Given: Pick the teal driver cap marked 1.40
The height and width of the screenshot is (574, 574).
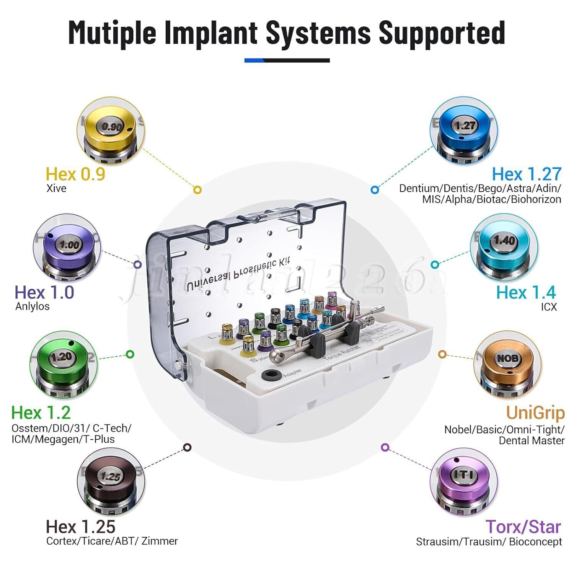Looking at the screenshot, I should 504,243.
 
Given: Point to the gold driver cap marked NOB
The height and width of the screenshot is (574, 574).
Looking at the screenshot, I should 508,360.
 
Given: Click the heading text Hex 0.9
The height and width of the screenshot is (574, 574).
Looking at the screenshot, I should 75,174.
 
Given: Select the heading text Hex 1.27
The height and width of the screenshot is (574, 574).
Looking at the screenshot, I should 526,174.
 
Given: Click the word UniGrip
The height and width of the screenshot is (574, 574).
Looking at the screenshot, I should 535,413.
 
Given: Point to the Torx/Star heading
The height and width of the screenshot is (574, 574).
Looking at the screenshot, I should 523,527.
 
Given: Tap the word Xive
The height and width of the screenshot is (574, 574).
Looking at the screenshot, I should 56,188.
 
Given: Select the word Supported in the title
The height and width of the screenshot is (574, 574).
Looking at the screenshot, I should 442,33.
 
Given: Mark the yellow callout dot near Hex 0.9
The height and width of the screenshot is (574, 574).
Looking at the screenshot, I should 197,189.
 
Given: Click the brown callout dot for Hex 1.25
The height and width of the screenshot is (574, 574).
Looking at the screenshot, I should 187,447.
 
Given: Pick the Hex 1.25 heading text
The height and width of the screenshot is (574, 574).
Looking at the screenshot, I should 80,527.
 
